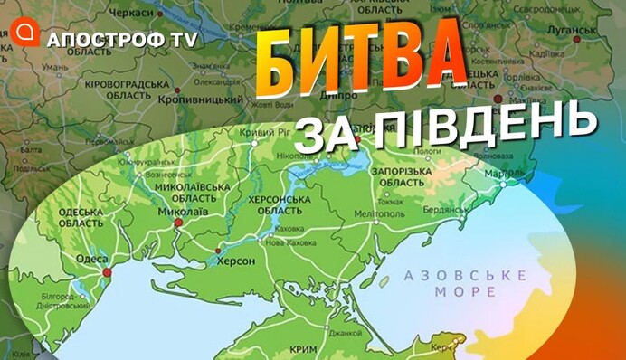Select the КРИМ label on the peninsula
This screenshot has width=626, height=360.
(x=303, y=348)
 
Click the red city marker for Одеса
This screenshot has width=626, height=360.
(x=108, y=270)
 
